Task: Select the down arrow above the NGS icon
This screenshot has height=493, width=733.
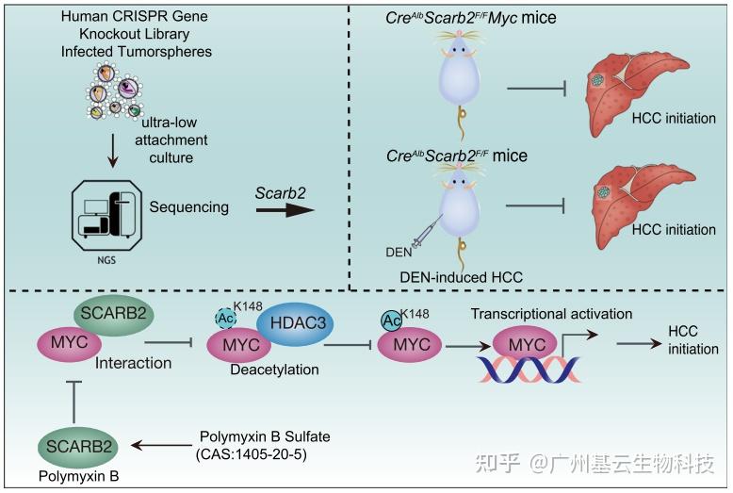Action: (113, 149)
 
